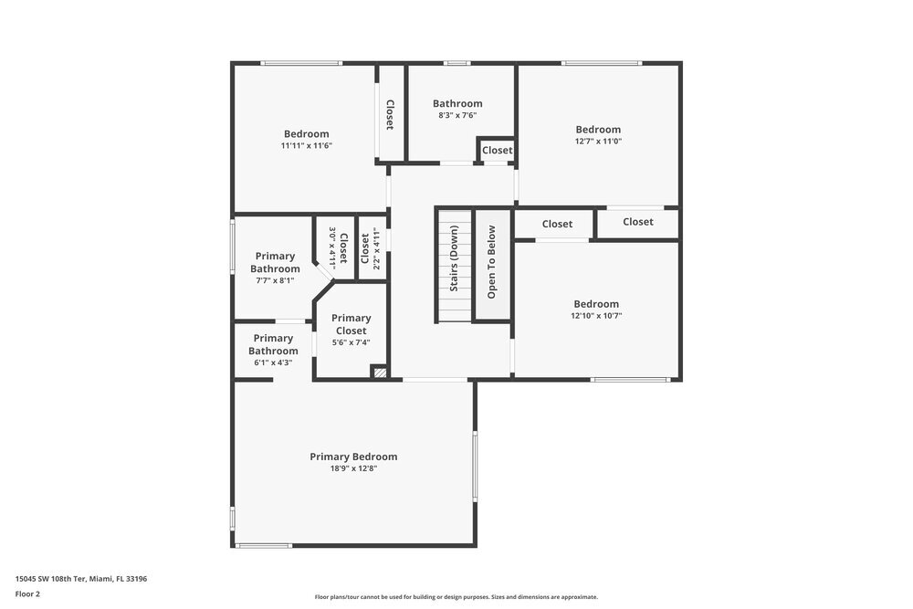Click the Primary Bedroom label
[353, 457]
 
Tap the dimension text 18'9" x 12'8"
[353, 468]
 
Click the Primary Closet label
[351, 324]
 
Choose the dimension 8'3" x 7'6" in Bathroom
[457, 115]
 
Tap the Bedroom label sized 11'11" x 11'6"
[306, 134]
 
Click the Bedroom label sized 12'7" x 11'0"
[598, 130]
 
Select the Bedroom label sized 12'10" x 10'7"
[596, 304]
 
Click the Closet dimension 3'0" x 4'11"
[332, 247]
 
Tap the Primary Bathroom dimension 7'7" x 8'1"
[275, 280]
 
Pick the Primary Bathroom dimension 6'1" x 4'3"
[273, 362]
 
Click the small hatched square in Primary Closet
[379, 372]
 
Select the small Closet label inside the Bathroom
[498, 151]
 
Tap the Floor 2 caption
[27, 593]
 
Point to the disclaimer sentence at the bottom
[456, 597]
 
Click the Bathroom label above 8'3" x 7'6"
[457, 103]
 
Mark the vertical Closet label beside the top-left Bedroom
[390, 115]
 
